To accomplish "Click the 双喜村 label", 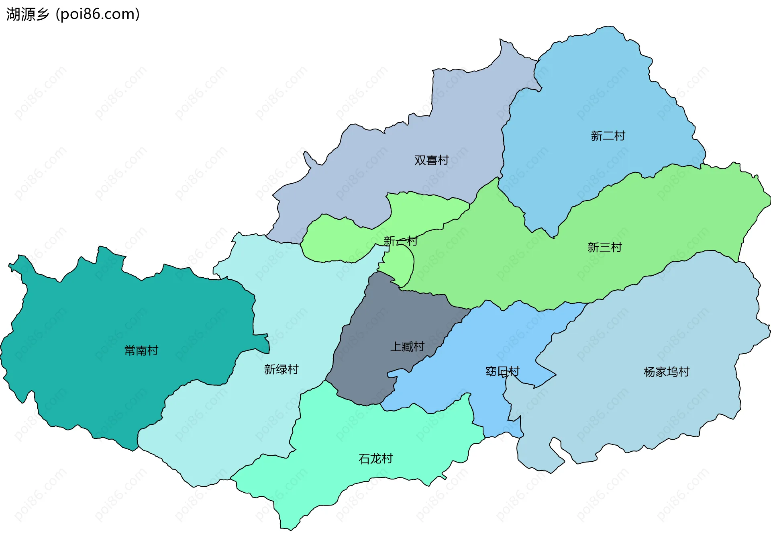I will click(x=431, y=160).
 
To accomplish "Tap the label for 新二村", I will click(x=608, y=136).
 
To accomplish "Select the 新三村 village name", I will click(x=604, y=247).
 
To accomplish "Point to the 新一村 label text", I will click(x=400, y=241).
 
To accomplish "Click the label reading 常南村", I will click(x=141, y=350).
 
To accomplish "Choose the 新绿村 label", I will click(x=281, y=369).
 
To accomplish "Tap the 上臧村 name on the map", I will click(x=407, y=346).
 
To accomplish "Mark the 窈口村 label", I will click(x=502, y=371).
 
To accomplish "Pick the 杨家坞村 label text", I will click(x=666, y=372).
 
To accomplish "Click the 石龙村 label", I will click(x=375, y=459).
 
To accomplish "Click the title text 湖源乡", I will click(x=27, y=14).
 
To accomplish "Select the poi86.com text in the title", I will click(x=98, y=14).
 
